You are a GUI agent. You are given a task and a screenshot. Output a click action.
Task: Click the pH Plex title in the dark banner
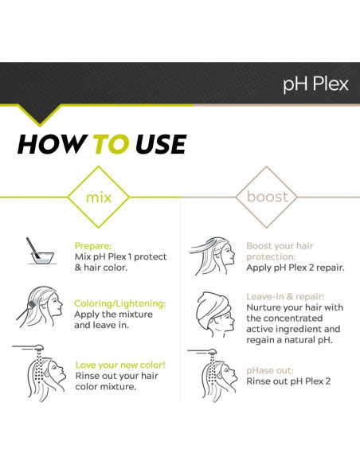click(315, 84)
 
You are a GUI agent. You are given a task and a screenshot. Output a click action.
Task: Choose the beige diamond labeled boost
click(268, 196)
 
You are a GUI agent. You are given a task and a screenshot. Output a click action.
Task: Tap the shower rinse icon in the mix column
click(40, 371)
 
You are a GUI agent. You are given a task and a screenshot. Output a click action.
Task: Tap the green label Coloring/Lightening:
click(120, 303)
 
